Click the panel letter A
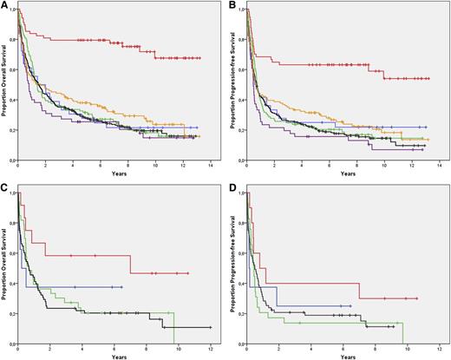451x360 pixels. [4, 5]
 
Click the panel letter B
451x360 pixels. [233, 5]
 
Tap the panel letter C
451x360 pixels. [4, 186]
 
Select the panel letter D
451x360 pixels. [233, 186]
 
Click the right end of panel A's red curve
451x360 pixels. [201, 58]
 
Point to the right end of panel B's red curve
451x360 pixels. [430, 79]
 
